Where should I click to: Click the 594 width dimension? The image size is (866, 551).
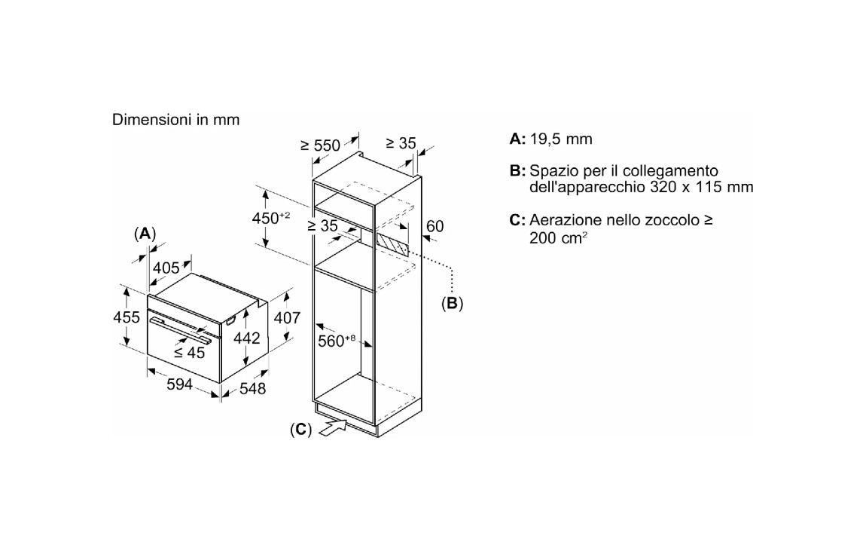pos(179,384)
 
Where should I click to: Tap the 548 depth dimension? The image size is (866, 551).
pos(252,388)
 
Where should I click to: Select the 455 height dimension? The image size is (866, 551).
pos(127,317)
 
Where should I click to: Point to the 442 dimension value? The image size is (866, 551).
pos(246,338)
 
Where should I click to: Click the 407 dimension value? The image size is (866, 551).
pos(287,318)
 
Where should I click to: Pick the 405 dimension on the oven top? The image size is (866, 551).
pos(166,268)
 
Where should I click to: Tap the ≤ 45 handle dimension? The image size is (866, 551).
pos(190,353)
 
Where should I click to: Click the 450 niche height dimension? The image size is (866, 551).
pos(271,218)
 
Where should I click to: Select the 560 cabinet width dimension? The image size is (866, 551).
pos(337,341)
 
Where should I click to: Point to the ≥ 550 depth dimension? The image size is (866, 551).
pos(320,145)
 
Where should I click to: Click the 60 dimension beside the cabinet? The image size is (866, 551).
pos(435,226)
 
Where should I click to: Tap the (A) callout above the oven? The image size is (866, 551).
pos(145,234)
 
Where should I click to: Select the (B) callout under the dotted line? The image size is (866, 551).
pos(452,304)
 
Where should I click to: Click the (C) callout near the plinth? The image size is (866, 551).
pos(301,430)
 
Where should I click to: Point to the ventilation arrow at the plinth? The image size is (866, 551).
pos(331,427)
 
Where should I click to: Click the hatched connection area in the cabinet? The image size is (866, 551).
pos(392,243)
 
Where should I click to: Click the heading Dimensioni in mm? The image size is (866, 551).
pos(175,120)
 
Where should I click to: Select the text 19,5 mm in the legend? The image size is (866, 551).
pos(561,139)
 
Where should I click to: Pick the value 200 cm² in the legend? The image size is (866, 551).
pos(558,237)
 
